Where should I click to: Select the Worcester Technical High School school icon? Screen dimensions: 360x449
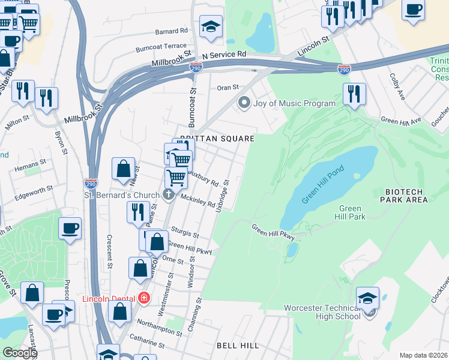367,298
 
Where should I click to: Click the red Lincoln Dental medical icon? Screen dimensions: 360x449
143,298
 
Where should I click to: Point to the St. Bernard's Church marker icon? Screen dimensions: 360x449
168,195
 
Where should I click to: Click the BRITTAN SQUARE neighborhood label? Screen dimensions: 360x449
217,139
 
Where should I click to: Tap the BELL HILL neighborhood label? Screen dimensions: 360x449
238,346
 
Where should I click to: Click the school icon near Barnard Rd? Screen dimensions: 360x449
211,27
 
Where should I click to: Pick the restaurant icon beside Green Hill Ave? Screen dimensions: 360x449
354,94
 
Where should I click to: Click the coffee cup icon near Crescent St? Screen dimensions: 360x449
70,229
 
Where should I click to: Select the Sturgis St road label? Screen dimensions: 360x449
184,233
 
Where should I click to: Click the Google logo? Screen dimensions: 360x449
19,353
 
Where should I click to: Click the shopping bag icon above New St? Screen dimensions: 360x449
123,170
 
